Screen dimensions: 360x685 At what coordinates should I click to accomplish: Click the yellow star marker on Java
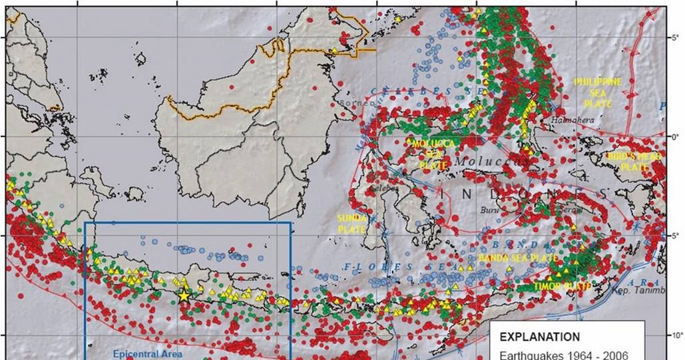click(184, 296)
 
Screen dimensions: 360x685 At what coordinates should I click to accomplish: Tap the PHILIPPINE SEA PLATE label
click(598, 92)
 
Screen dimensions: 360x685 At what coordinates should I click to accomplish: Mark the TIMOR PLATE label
click(563, 286)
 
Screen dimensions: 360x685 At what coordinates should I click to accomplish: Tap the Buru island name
click(489, 210)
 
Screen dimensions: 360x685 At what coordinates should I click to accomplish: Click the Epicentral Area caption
click(139, 354)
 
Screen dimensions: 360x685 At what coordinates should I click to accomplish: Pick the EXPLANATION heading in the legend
click(539, 337)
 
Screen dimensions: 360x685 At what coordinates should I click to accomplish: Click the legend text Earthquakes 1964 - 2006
click(563, 354)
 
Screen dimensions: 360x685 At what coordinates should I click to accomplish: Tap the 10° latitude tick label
click(676, 335)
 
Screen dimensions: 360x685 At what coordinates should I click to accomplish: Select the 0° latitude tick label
click(674, 136)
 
